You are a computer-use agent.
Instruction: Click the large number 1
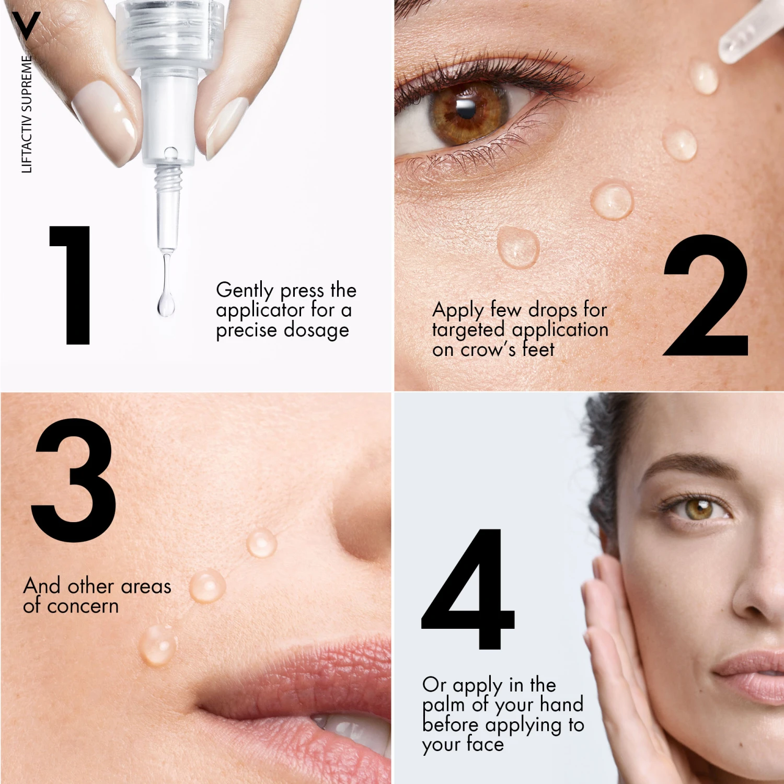click(x=73, y=285)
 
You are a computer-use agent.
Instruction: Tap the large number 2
click(x=706, y=295)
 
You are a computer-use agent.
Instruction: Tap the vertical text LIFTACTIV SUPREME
click(x=27, y=114)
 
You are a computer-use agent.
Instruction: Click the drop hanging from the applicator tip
click(x=166, y=302)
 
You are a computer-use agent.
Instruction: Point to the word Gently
click(x=245, y=291)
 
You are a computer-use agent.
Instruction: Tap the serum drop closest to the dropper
click(x=704, y=77)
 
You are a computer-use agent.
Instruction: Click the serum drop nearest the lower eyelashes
click(x=518, y=247)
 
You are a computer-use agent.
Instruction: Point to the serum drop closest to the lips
click(x=157, y=645)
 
